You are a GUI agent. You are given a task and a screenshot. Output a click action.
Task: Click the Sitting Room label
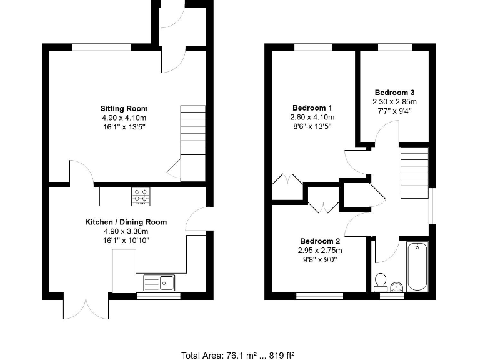click(124, 108)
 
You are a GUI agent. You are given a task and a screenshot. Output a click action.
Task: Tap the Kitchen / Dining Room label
click(126, 222)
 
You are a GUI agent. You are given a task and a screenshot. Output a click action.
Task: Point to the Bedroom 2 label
click(320, 241)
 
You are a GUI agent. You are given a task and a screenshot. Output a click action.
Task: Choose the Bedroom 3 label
click(394, 92)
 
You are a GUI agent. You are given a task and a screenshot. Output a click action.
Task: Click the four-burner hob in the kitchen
click(141, 196)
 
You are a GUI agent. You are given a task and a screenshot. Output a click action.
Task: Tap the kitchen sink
click(159, 282)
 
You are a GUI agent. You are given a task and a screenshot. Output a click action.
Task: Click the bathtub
click(417, 267)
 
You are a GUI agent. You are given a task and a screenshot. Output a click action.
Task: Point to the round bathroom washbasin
click(396, 287)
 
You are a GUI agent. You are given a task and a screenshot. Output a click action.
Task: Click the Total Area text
click(237, 355)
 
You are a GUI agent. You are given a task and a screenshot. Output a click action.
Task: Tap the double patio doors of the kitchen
click(86, 306)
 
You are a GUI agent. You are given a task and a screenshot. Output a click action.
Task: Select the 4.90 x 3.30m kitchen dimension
click(126, 231)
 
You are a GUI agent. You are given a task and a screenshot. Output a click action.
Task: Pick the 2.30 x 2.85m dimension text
click(394, 101)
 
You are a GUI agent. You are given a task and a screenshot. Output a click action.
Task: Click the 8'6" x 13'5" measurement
click(312, 126)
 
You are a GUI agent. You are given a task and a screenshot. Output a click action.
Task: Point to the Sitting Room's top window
click(102, 47)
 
